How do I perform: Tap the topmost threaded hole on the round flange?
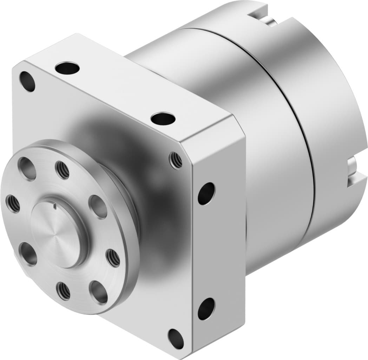[63, 170]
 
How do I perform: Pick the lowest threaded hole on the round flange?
[64, 291]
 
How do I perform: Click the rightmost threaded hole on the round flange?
[113, 258]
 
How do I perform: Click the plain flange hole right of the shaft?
[98, 207]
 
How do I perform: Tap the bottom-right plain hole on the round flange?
[98, 292]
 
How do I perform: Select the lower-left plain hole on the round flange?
[28, 253]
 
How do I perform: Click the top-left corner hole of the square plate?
[27, 81]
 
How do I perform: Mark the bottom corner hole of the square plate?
[176, 339]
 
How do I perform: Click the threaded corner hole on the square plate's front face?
[176, 161]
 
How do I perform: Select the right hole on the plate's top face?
[163, 118]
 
